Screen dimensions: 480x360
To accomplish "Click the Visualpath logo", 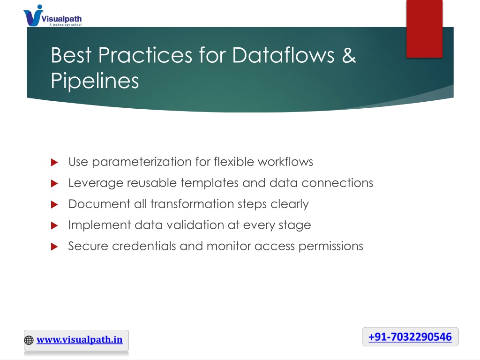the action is [x=52, y=15].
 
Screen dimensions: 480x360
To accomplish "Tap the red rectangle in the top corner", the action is [x=424, y=29].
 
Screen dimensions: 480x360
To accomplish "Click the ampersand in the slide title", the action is [x=349, y=55].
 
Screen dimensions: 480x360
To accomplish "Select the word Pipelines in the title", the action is [x=95, y=81].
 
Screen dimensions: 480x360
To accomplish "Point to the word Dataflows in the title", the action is [x=283, y=55].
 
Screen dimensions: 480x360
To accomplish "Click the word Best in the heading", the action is [x=71, y=55].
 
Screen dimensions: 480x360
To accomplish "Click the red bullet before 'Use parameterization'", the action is [x=54, y=162].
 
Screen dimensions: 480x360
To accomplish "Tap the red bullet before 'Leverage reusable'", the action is [x=54, y=183].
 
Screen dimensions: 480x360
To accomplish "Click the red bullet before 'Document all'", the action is [x=54, y=204].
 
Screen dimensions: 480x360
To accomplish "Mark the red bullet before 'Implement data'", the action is [x=54, y=225].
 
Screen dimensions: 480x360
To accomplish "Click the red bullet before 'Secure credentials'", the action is [x=54, y=247].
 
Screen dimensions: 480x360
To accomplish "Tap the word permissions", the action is [x=330, y=247].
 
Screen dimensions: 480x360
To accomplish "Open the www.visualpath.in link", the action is [x=79, y=339].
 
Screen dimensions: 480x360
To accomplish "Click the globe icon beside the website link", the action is [x=29, y=340].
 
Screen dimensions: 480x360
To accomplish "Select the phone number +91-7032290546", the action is [x=410, y=337].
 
